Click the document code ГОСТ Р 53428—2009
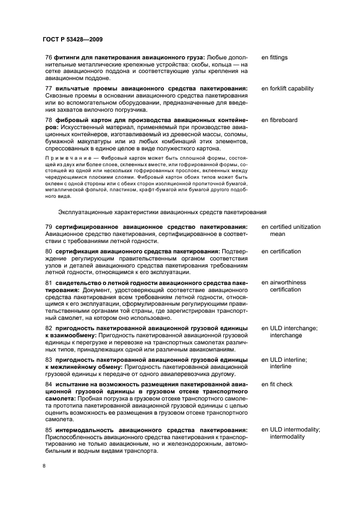pyautogui.click(x=72, y=39)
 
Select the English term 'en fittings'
pyautogui.click(x=274, y=57)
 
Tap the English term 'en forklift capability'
pyautogui.click(x=288, y=88)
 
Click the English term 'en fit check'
pyautogui.click(x=277, y=384)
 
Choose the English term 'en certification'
pyautogui.click(x=281, y=251)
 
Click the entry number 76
pyautogui.click(x=48, y=57)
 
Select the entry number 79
pyautogui.click(x=48, y=227)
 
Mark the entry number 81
pyautogui.click(x=48, y=282)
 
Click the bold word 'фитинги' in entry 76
pyautogui.click(x=66, y=57)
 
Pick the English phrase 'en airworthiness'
pyautogui.click(x=284, y=282)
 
